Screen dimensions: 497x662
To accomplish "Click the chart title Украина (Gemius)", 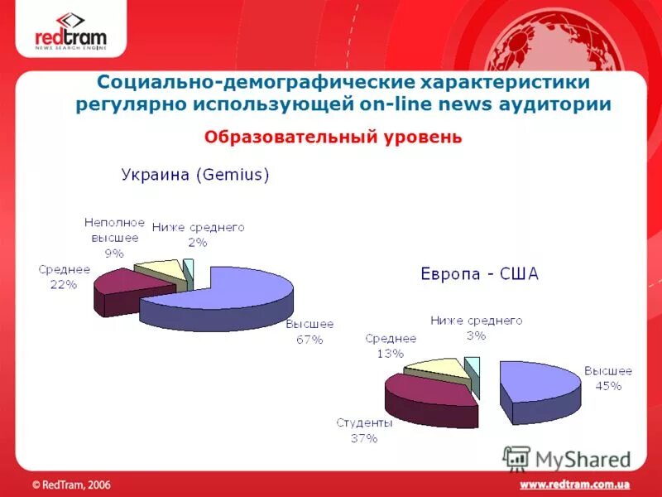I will point(195,175).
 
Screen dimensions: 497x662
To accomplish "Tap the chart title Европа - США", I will point(479,274).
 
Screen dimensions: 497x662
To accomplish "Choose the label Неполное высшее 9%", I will point(114,238).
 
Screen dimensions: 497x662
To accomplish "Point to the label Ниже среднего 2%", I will point(198,234).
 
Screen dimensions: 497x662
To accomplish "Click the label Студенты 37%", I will point(364,430).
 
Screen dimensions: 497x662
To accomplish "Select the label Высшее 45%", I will point(608,378).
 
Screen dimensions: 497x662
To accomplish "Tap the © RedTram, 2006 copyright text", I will point(71,484).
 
